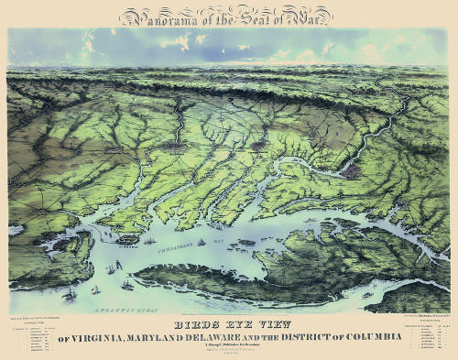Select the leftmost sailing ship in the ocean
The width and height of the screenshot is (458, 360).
[x=70, y=295]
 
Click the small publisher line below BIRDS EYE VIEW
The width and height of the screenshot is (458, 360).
[x=228, y=348]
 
